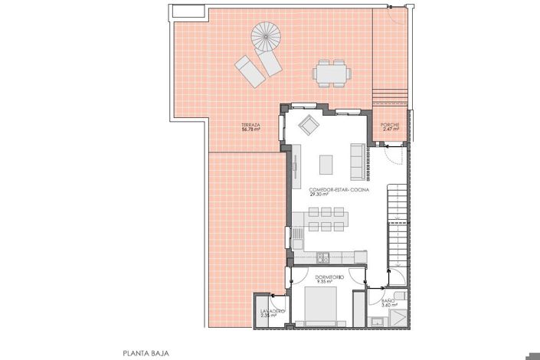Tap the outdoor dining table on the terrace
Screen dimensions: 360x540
coord(330,74)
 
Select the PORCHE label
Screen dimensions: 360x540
coord(391,125)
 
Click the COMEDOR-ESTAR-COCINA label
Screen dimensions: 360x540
coord(338,190)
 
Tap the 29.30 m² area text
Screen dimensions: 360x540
coord(318,195)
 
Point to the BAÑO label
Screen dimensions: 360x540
coord(388,300)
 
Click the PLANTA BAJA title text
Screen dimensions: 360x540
coord(146,353)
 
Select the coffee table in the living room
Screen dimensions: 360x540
coord(327,163)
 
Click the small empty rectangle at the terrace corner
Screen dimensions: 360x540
coord(187,11)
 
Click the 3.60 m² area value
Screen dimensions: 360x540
coord(388,305)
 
